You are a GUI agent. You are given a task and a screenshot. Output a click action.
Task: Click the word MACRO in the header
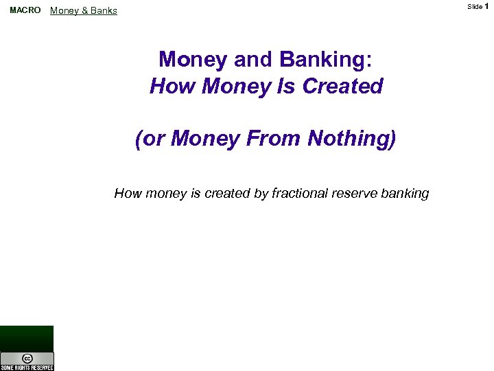[25, 10]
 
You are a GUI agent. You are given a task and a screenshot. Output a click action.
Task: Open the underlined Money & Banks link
[84, 11]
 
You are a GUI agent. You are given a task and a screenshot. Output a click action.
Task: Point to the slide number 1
[486, 6]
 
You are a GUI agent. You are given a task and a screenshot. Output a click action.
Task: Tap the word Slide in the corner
[475, 6]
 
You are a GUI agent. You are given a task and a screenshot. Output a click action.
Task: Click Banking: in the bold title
[327, 60]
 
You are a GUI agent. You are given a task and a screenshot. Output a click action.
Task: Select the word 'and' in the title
[252, 60]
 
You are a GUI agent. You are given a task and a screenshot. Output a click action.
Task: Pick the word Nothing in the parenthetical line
[352, 139]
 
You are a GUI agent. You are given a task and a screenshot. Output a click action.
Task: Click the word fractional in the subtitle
[300, 193]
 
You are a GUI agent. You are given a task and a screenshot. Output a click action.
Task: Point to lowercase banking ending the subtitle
[404, 193]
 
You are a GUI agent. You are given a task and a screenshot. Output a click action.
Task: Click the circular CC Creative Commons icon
[27, 358]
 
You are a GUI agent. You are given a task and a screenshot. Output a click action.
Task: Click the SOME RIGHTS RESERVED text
[27, 368]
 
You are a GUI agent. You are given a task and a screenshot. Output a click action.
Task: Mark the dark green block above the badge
[27, 338]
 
